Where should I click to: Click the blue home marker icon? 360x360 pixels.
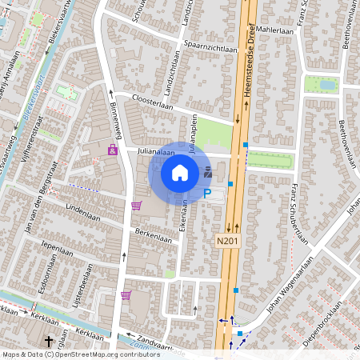[180, 172]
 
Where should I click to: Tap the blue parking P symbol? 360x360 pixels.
[207, 193]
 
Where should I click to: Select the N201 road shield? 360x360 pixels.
[228, 240]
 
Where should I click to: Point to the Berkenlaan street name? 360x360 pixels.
[153, 238]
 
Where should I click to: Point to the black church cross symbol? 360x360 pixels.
[48, 342]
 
